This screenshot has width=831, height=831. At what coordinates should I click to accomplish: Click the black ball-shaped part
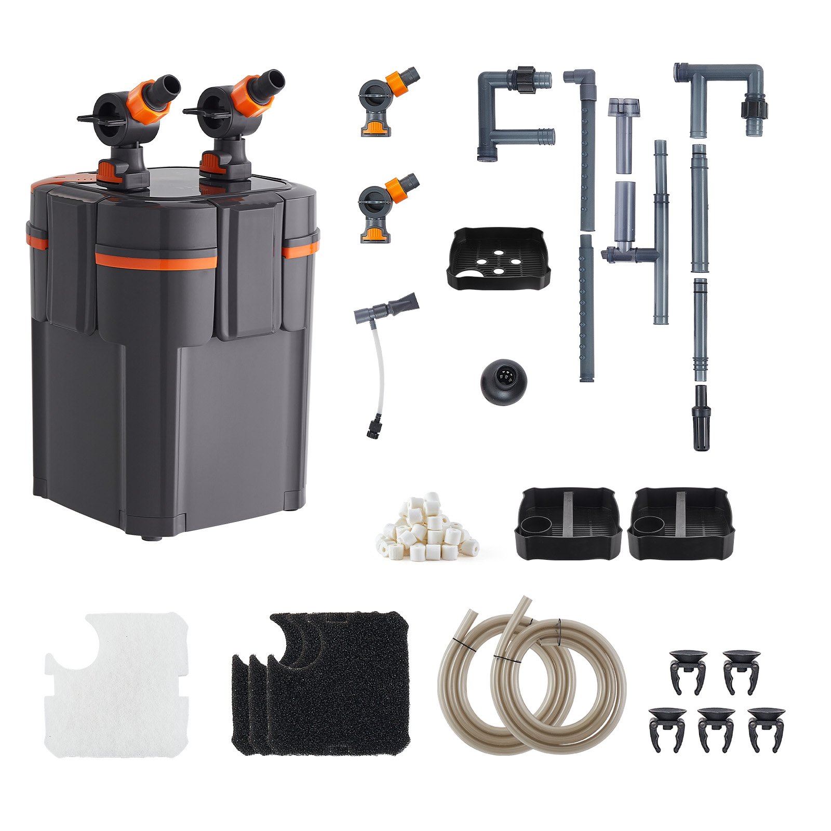pyautogui.click(x=503, y=382)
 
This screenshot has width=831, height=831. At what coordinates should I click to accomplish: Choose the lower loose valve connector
pyautogui.click(x=387, y=208)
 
